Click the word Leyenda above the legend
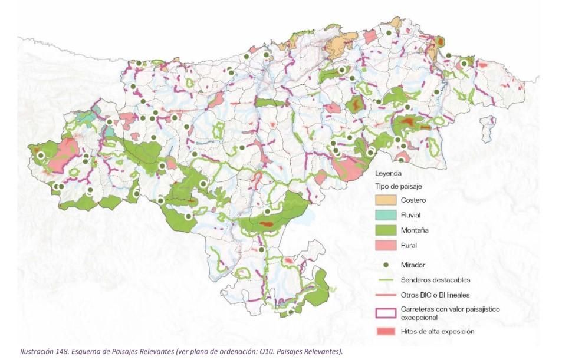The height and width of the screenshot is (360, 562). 389,174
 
